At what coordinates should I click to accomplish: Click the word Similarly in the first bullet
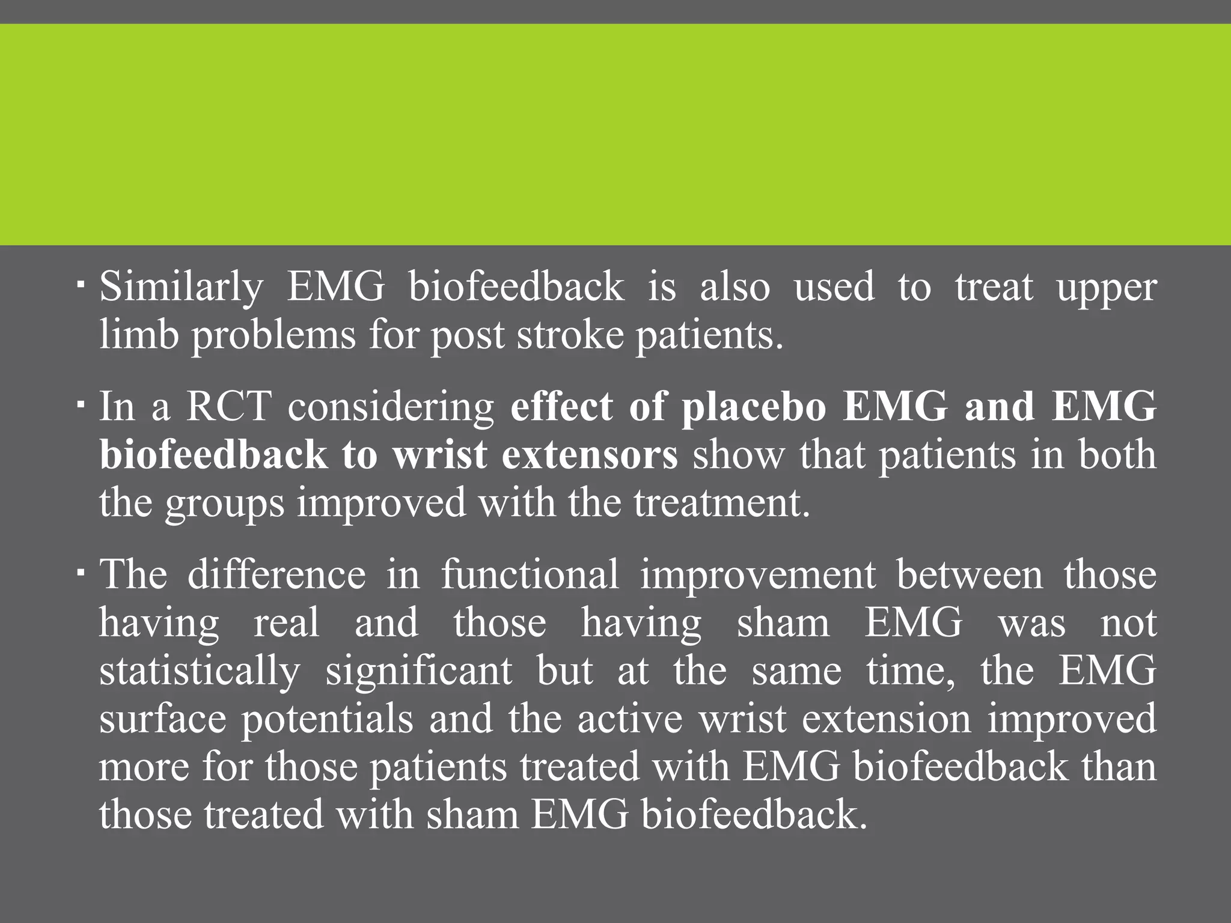coord(181,287)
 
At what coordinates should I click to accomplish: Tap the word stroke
coord(570,335)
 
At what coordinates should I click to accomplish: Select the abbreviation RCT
coord(228,407)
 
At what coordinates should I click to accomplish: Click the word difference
coord(276,574)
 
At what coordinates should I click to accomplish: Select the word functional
coord(530,574)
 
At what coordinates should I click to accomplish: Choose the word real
coord(286,623)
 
